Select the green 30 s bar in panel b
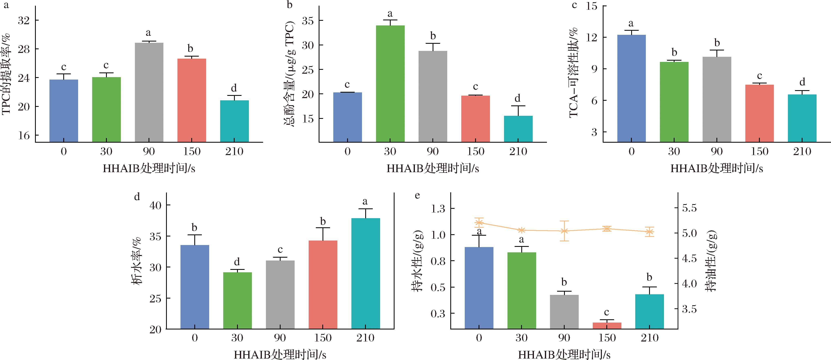point(390,84)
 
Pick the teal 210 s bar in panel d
point(365,274)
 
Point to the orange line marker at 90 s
point(564,231)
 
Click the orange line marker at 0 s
point(479,222)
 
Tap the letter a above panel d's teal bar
point(365,202)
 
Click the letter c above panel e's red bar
point(607,312)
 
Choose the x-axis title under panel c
point(716,168)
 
